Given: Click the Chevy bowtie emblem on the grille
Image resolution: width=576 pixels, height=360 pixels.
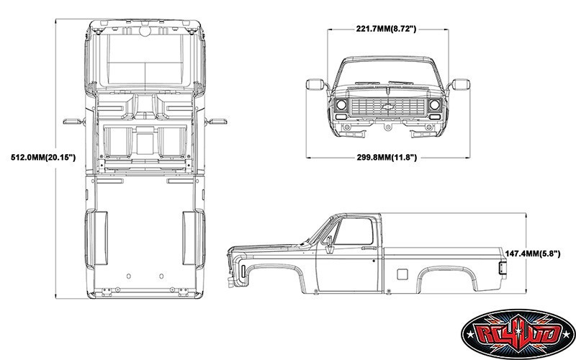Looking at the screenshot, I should click(x=388, y=107).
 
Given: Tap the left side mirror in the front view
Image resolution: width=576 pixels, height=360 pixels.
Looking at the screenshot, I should click(x=315, y=85).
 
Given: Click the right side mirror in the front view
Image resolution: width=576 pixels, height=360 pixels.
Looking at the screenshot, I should click(x=461, y=85).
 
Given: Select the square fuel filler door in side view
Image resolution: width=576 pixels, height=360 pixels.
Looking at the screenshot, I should click(x=402, y=273).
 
